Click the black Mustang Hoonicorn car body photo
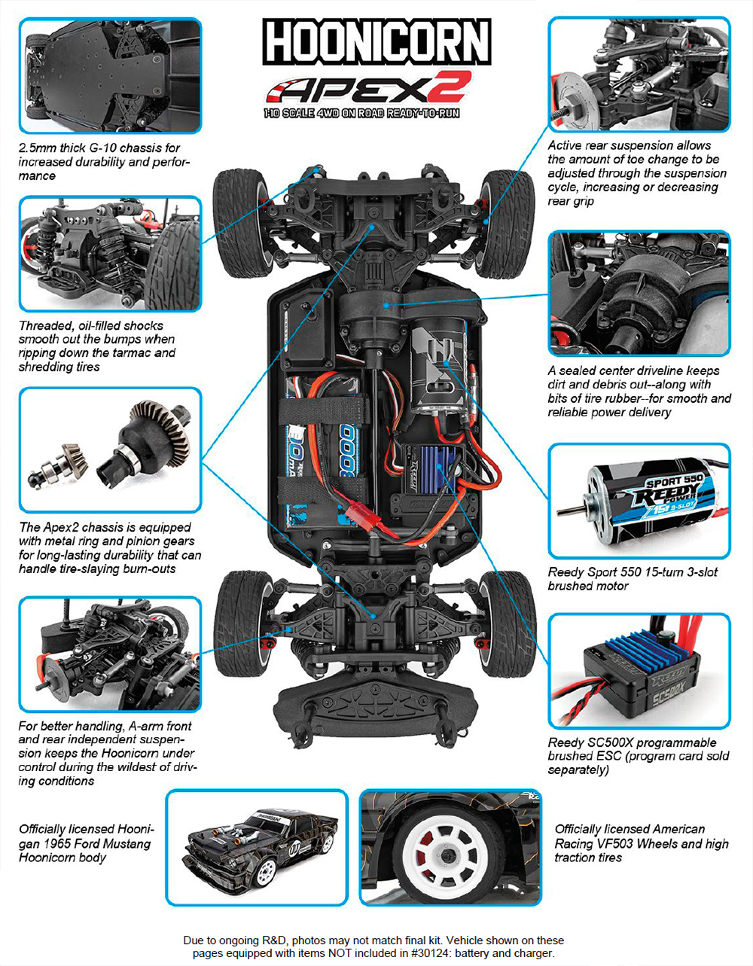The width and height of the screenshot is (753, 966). (x=260, y=847)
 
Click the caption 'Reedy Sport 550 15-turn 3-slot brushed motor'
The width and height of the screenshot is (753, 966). (x=633, y=579)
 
